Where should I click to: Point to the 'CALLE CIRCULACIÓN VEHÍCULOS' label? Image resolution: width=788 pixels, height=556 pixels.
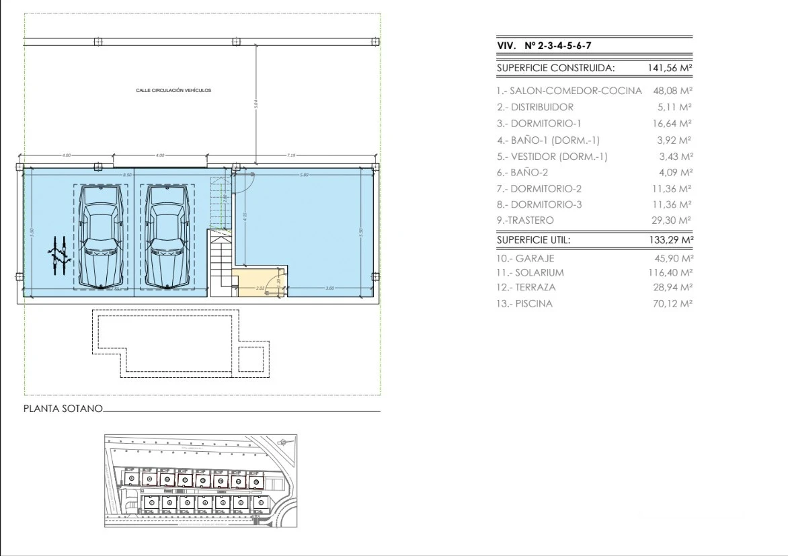point(173,89)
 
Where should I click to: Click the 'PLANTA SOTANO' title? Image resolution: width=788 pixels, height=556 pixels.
point(63,408)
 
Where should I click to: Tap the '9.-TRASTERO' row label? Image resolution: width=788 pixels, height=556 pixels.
point(525,221)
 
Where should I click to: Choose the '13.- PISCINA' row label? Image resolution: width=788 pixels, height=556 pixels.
point(524,304)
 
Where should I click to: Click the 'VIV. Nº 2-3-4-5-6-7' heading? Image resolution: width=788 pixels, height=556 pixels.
point(544,46)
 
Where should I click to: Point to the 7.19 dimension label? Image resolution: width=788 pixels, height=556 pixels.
point(291,155)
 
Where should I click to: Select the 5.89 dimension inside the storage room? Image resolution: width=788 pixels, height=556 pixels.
point(304,175)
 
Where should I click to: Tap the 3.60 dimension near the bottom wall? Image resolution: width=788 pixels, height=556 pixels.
point(329,288)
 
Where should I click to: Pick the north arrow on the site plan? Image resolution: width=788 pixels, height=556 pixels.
point(283,442)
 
